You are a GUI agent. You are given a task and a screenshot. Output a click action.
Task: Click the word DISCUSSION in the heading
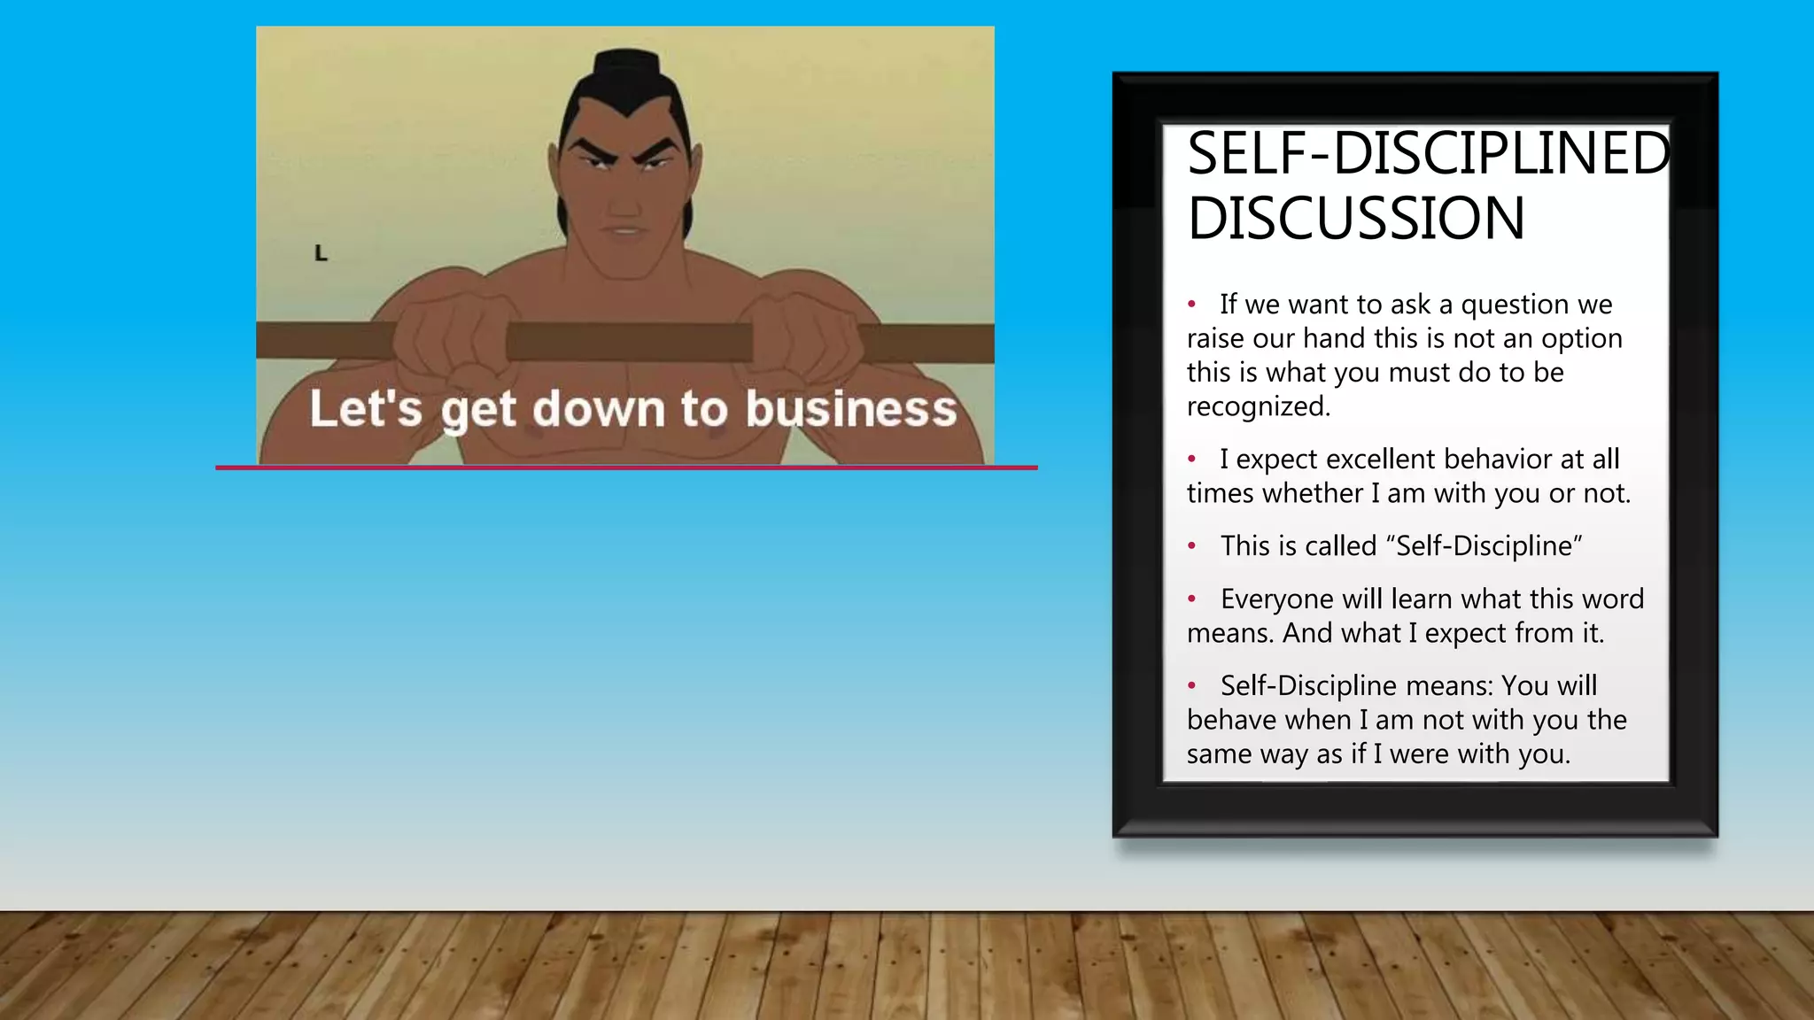(x=1355, y=219)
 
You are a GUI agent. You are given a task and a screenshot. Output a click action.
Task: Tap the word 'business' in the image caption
(x=851, y=409)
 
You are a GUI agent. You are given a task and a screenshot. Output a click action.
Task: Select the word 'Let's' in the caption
(x=365, y=409)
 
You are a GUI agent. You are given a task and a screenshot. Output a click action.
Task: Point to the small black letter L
(x=321, y=253)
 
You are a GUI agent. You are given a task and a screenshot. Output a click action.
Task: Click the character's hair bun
(x=626, y=66)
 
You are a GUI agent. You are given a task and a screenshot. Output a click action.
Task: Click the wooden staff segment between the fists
(x=629, y=341)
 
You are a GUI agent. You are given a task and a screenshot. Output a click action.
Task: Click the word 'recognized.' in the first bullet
(x=1259, y=406)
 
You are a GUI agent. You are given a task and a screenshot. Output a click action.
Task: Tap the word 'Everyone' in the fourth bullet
(x=1276, y=599)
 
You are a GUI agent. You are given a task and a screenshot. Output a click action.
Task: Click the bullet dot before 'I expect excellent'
(x=1192, y=459)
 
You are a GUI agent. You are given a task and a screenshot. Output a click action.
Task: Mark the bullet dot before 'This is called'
(x=1192, y=545)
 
